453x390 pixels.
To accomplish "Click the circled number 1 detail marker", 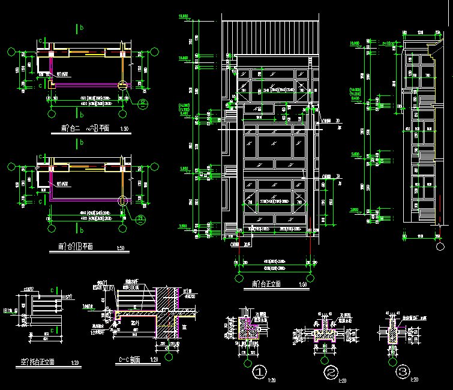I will tap(259, 373).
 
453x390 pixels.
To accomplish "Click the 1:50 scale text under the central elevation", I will tap(302, 283).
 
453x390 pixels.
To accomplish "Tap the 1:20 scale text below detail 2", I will tap(343, 380).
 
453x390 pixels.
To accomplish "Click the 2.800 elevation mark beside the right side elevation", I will tap(355, 210).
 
